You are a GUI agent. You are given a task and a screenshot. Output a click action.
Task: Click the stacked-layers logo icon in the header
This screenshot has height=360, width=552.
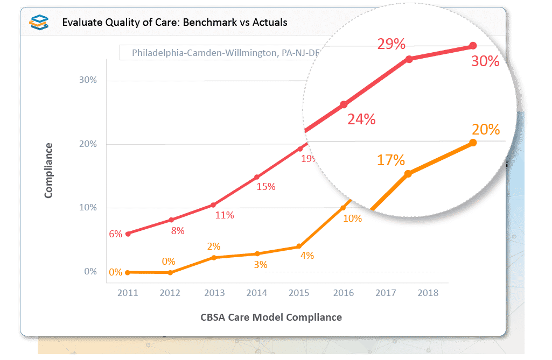click(39, 22)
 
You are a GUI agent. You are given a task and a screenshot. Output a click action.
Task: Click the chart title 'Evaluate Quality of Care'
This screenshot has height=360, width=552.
click(174, 22)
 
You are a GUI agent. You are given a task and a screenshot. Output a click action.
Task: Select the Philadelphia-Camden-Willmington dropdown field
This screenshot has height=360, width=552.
click(215, 53)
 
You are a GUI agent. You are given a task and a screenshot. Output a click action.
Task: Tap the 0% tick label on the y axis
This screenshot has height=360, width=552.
click(90, 272)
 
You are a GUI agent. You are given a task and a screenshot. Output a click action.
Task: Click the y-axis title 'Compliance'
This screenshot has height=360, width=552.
click(48, 170)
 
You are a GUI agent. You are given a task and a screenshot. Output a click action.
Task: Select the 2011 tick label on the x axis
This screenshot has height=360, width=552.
click(128, 293)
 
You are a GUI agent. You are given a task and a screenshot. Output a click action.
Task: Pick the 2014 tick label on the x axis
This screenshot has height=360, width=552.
click(257, 293)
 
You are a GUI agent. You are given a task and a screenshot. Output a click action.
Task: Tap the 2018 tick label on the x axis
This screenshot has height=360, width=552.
click(428, 293)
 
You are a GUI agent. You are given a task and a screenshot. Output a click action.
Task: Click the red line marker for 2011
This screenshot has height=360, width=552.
click(128, 234)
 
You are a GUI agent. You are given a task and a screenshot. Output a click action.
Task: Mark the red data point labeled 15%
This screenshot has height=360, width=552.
click(257, 177)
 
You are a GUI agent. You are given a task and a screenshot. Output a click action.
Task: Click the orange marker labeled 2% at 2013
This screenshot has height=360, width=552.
click(214, 258)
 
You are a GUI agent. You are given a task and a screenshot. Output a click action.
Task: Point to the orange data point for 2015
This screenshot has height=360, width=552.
click(300, 247)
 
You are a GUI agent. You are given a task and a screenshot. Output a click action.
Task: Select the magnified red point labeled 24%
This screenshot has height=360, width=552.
click(344, 104)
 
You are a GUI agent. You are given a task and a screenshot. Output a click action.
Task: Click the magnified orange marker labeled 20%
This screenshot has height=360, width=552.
click(473, 143)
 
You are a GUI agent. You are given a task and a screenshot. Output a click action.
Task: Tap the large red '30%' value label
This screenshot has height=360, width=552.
click(485, 61)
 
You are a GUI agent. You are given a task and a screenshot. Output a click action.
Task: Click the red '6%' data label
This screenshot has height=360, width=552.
click(116, 234)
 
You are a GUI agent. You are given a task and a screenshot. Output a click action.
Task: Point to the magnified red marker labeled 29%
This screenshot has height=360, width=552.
click(409, 59)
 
